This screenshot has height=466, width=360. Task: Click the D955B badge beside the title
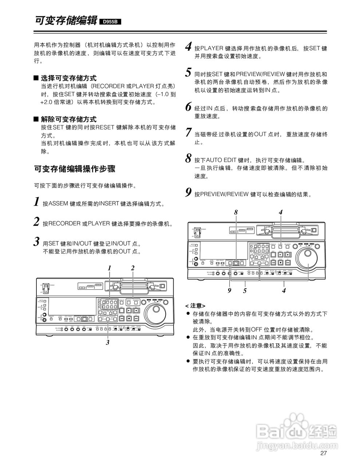110,22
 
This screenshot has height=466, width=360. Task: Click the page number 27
324,453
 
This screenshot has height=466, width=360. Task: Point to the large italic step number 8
188,158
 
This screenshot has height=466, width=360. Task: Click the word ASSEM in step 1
59,204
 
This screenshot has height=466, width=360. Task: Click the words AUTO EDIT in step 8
222,160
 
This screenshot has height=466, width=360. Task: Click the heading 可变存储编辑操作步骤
75,169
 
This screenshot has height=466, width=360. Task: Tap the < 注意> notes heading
195,306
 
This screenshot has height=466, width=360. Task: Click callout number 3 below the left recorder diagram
108,342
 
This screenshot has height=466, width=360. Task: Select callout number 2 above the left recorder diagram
133,268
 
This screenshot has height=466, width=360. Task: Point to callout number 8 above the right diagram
236,212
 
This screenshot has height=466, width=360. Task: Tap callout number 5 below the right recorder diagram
245,291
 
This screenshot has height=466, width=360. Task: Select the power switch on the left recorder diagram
46,288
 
